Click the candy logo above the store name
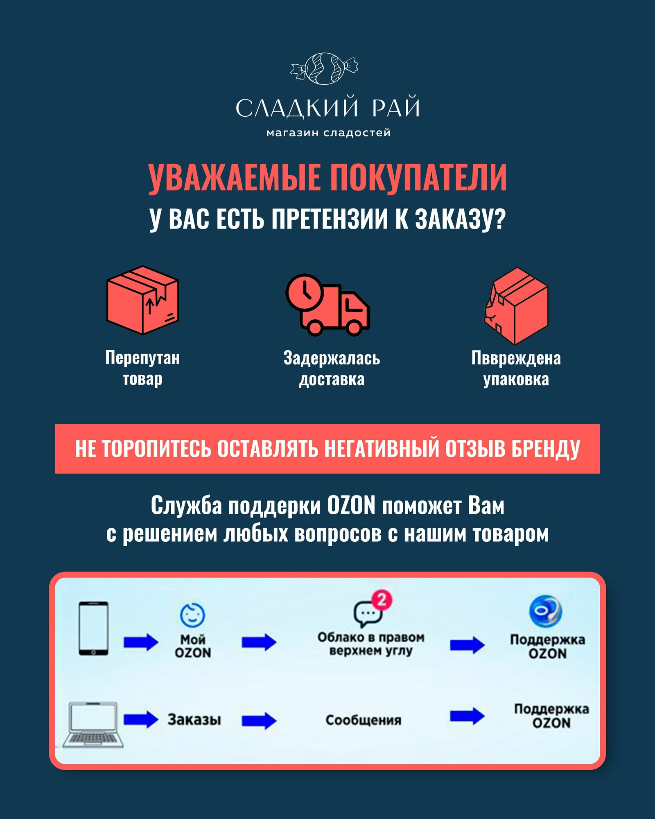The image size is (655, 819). (x=324, y=68)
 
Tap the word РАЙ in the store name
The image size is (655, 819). (x=396, y=108)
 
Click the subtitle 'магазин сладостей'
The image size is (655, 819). (x=328, y=133)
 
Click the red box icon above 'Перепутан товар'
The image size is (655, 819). (x=142, y=300)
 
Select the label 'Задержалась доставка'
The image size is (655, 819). (x=332, y=369)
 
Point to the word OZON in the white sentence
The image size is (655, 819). (x=351, y=505)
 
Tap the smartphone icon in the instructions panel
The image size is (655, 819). (x=93, y=628)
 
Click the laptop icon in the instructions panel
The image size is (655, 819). (x=93, y=725)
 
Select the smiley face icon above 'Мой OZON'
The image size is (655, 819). (x=192, y=615)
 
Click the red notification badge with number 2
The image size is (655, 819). (x=382, y=600)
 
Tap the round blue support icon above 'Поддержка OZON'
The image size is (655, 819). (x=545, y=611)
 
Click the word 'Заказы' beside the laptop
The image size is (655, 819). (x=194, y=719)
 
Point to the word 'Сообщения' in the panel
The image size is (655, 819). (x=363, y=720)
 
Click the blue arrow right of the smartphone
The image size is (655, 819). (x=141, y=642)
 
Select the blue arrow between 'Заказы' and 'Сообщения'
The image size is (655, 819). (x=259, y=720)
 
